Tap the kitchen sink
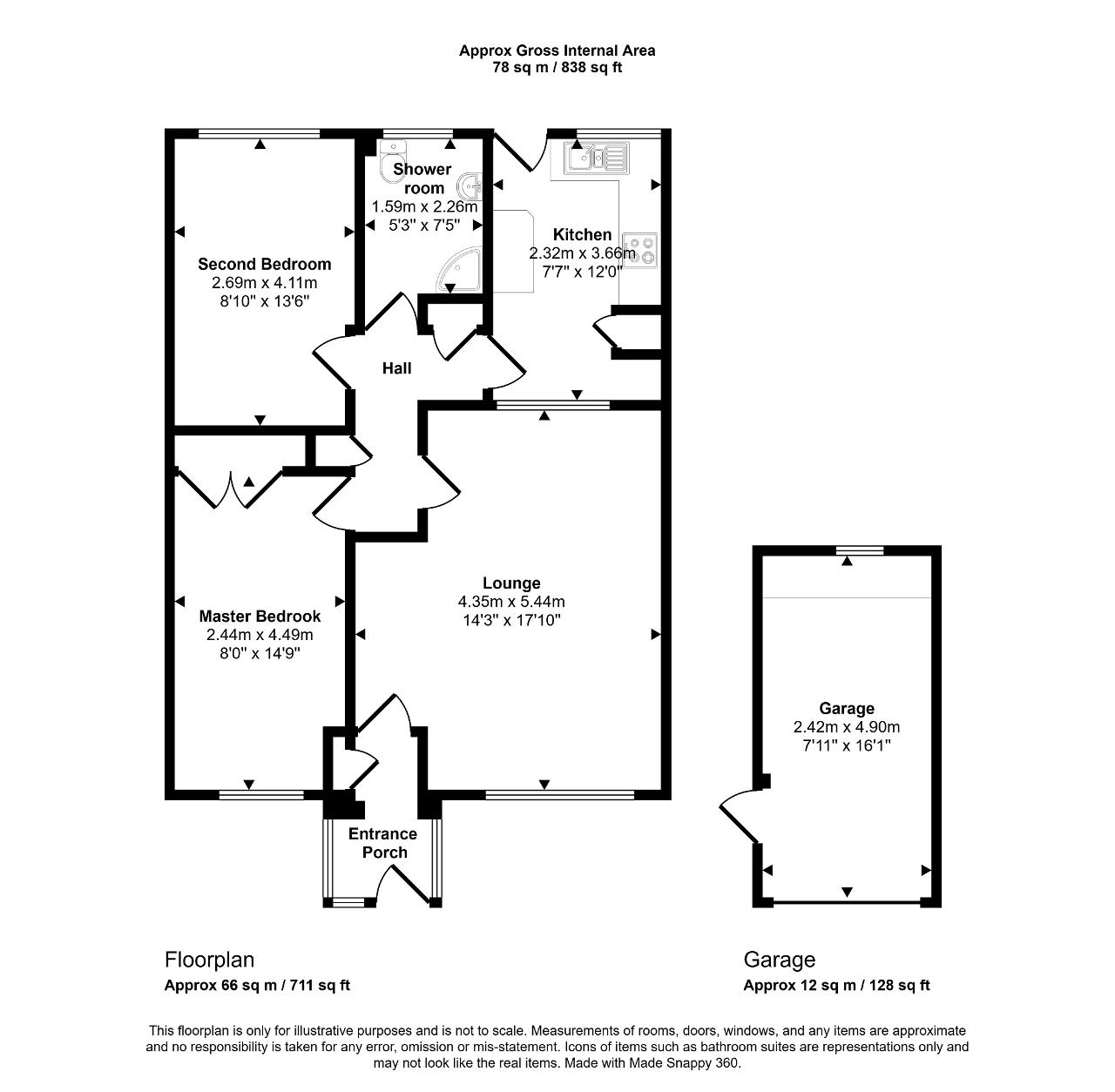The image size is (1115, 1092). [597, 158]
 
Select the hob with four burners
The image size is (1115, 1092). [639, 249]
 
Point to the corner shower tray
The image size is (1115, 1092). [459, 270]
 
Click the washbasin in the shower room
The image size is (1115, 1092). [470, 187]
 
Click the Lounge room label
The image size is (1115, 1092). [511, 583]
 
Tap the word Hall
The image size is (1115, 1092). [397, 368]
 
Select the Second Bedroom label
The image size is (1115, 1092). [265, 264]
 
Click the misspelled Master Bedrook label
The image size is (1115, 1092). [260, 616]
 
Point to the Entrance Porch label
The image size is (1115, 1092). [383, 843]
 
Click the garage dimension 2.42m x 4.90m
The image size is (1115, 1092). [847, 727]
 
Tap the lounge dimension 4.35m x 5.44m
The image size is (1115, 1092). [511, 602]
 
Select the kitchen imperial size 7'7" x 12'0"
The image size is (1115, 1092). [582, 272]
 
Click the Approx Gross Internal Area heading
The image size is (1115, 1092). [557, 51]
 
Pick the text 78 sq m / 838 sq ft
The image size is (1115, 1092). [557, 68]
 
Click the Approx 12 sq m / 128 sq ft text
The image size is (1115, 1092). [836, 985]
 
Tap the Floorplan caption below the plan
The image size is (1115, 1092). [209, 960]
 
